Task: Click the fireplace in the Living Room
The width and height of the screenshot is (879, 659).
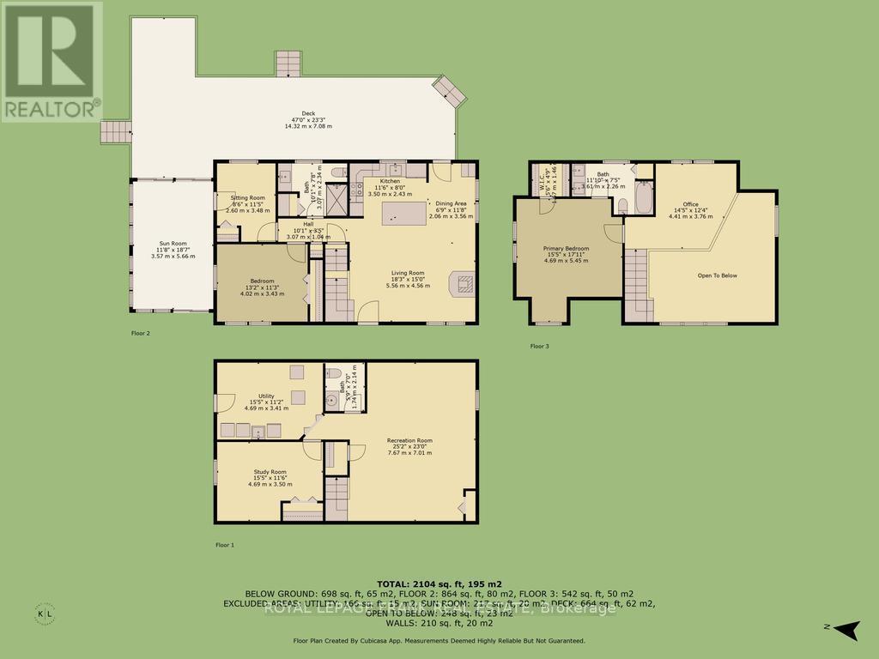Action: point(461,283)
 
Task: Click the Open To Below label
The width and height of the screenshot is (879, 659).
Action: point(716,275)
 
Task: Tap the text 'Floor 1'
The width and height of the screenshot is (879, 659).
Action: point(225,544)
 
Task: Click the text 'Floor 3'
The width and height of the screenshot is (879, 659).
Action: point(539,346)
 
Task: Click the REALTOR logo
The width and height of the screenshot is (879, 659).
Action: point(52,61)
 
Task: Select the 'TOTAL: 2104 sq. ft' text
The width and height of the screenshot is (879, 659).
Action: point(439,583)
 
